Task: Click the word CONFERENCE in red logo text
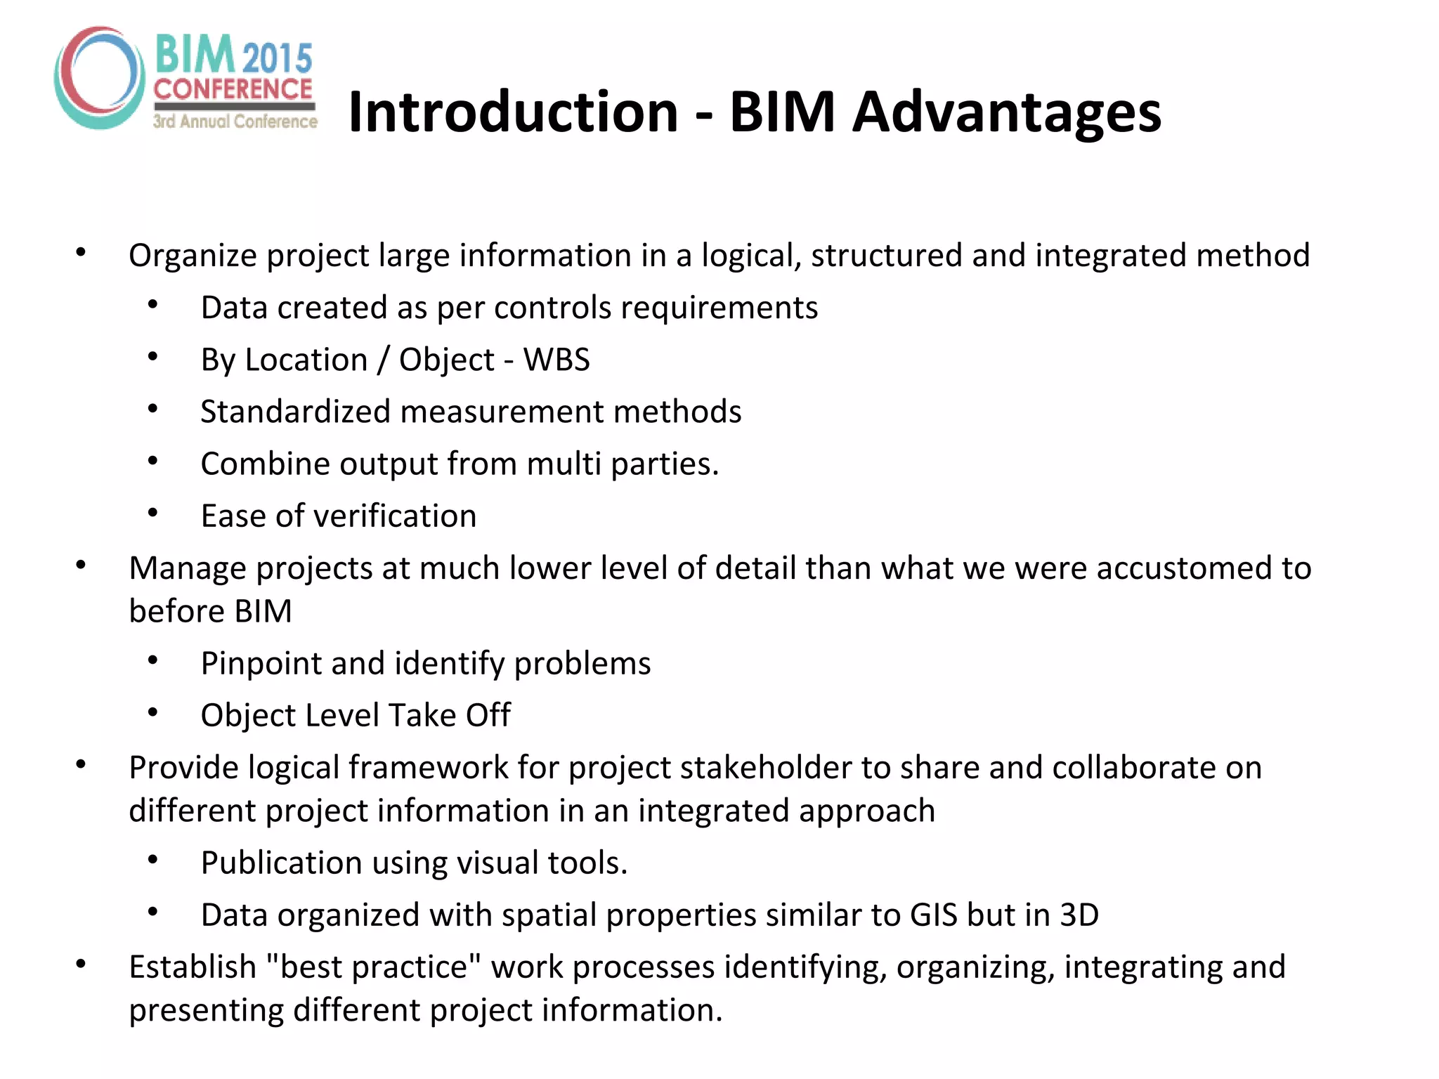click(x=233, y=89)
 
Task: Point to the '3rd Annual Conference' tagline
click(x=235, y=122)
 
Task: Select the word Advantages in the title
click(x=1007, y=112)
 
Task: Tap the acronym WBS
click(x=556, y=360)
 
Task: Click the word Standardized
click(x=295, y=412)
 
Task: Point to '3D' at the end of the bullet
click(x=1079, y=915)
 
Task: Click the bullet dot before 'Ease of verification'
click(x=153, y=514)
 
